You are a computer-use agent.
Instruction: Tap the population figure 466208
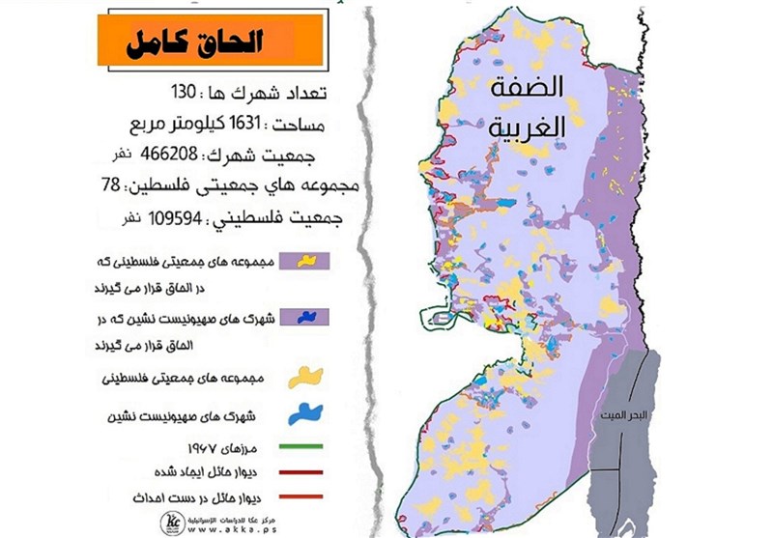pyautogui.click(x=181, y=155)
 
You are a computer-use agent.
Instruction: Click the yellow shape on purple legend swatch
pyautogui.click(x=305, y=261)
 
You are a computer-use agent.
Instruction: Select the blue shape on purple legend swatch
pyautogui.click(x=305, y=317)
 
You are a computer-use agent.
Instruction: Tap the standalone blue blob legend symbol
pyautogui.click(x=307, y=416)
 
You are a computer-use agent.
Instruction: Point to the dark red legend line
pyautogui.click(x=303, y=474)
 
